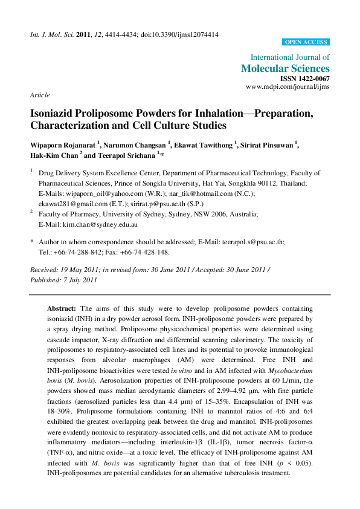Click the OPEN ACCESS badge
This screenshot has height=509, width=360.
pyautogui.click(x=306, y=42)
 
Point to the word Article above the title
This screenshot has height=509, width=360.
pyautogui.click(x=39, y=96)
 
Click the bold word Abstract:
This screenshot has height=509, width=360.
pyautogui.click(x=62, y=308)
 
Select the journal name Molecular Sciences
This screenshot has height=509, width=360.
pyautogui.click(x=285, y=68)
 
